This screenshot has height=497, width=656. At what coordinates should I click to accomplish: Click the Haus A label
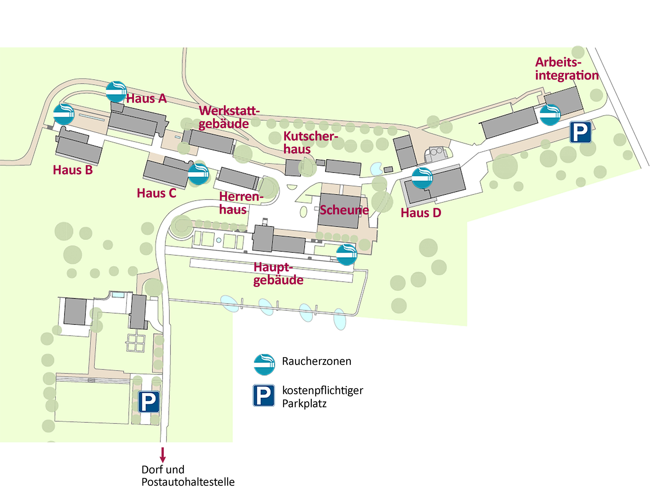[147, 98]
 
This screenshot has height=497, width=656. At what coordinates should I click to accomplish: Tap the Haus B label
[73, 170]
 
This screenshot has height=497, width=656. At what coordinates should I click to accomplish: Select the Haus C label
[157, 193]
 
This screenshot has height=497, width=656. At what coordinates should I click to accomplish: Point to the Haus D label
[421, 213]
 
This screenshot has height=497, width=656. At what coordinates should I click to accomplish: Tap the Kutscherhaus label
[311, 143]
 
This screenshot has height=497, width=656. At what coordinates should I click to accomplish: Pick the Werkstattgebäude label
[229, 117]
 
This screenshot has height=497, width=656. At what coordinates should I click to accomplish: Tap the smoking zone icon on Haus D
[422, 178]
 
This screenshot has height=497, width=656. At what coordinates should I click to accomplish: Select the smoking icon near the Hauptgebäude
[347, 255]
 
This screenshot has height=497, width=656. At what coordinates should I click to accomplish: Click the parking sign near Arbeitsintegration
[580, 132]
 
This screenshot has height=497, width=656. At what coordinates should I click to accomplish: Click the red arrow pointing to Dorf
[162, 455]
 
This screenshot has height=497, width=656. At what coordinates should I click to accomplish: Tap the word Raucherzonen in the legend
[316, 361]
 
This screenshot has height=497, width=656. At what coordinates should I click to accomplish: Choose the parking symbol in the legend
[264, 395]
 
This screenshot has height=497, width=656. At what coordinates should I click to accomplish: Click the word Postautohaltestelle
[188, 482]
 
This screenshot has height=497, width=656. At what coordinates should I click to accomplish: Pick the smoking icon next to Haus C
[198, 174]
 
